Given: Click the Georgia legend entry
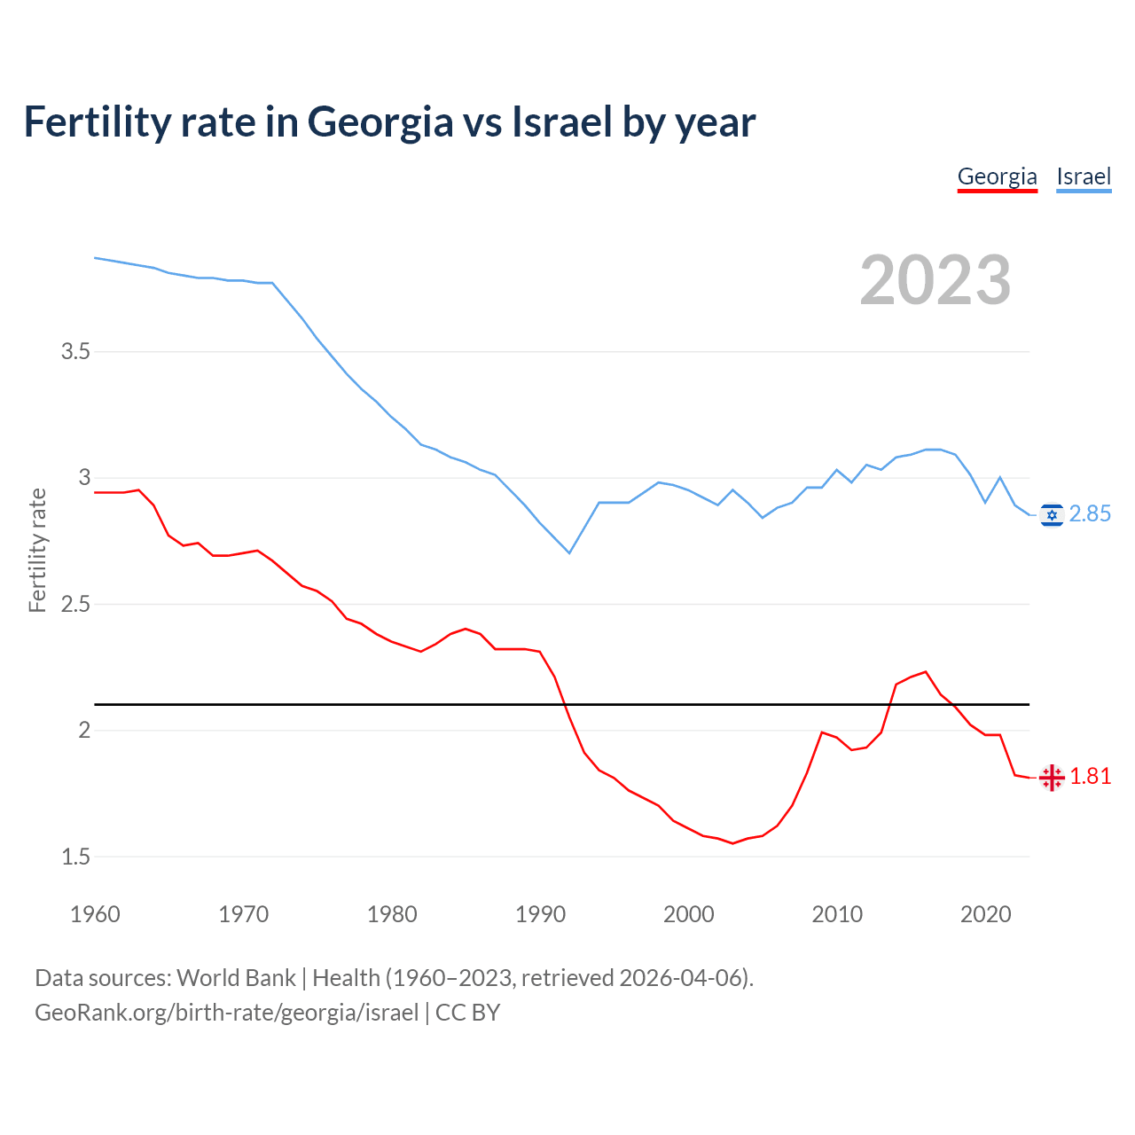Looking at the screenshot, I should pyautogui.click(x=997, y=176).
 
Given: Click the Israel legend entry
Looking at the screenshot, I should pyautogui.click(x=1084, y=176).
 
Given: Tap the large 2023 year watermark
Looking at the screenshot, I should pyautogui.click(x=935, y=280).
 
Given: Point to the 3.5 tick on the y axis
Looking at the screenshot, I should pyautogui.click(x=75, y=352).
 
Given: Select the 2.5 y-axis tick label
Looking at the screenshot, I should pyautogui.click(x=75, y=605).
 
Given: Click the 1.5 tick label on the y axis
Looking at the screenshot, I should pyautogui.click(x=75, y=857).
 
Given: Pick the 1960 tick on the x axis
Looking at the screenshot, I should pyautogui.click(x=95, y=914).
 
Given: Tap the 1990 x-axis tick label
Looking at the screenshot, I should pyautogui.click(x=540, y=914).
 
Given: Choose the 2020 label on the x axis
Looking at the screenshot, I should pyautogui.click(x=985, y=914).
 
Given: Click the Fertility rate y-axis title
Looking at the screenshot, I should pyautogui.click(x=37, y=550).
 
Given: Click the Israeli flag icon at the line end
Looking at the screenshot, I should pyautogui.click(x=1052, y=515).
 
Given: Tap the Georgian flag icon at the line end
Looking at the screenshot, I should pyautogui.click(x=1052, y=778).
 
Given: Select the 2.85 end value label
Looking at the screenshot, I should pyautogui.click(x=1090, y=514).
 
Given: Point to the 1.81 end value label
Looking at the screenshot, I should pyautogui.click(x=1090, y=777).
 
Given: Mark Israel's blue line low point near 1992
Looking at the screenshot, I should pyautogui.click(x=569, y=553).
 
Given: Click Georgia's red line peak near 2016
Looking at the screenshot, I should pyautogui.click(x=926, y=671).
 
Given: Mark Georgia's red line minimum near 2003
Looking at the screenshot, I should pyautogui.click(x=732, y=843).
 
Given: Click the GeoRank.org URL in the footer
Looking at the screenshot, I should pyautogui.click(x=226, y=1013).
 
